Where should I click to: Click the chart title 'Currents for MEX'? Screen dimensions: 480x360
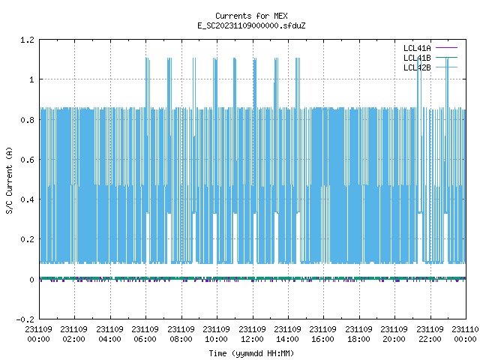(251, 16)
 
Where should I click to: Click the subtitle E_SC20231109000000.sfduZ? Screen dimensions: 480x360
(251, 25)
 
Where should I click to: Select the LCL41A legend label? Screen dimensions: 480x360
(417, 48)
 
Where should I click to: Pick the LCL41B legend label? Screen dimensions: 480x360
(417, 58)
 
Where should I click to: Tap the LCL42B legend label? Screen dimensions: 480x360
(417, 67)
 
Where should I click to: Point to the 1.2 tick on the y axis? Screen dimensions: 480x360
(27, 40)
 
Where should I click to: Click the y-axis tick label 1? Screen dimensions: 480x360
(31, 79)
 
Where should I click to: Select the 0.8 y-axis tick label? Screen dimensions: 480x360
(27, 120)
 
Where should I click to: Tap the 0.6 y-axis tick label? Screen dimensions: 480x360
(27, 160)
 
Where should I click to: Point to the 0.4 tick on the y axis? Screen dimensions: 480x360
(27, 199)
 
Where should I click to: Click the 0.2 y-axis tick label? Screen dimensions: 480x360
(27, 239)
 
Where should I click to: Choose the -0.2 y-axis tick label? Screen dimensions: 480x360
(25, 319)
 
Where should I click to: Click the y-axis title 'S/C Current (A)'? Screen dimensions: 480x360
(9, 181)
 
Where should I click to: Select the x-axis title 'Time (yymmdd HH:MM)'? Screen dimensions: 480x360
(251, 353)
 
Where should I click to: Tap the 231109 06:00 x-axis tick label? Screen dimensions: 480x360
(145, 334)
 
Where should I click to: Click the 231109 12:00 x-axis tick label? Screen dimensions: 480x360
(252, 334)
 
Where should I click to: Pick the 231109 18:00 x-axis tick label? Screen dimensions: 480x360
(358, 334)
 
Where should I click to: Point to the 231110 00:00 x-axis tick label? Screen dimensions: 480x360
(465, 334)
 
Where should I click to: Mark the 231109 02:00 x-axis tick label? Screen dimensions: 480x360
(73, 334)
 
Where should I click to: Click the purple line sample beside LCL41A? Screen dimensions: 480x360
(447, 48)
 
